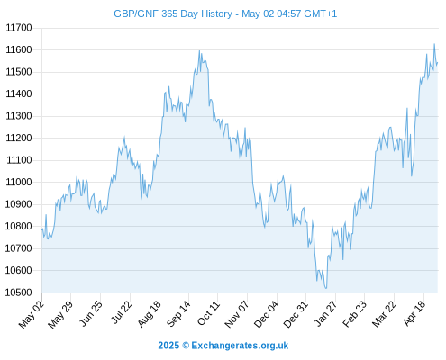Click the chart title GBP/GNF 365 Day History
point(173,13)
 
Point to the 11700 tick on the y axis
point(19,28)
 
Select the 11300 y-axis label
point(19,116)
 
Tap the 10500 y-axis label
point(19,292)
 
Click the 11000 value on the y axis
point(19,182)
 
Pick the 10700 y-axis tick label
point(19,248)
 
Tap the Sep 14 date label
point(178,313)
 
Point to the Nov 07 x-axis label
point(237,314)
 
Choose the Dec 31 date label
point(296,314)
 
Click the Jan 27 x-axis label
point(325,313)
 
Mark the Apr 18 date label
point(414,313)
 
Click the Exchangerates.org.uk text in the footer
point(240,346)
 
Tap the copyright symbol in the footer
point(186,346)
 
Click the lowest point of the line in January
point(326,289)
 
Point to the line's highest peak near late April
point(434,44)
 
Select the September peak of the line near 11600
point(199,50)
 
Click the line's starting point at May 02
point(42,229)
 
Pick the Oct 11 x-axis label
point(208,313)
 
